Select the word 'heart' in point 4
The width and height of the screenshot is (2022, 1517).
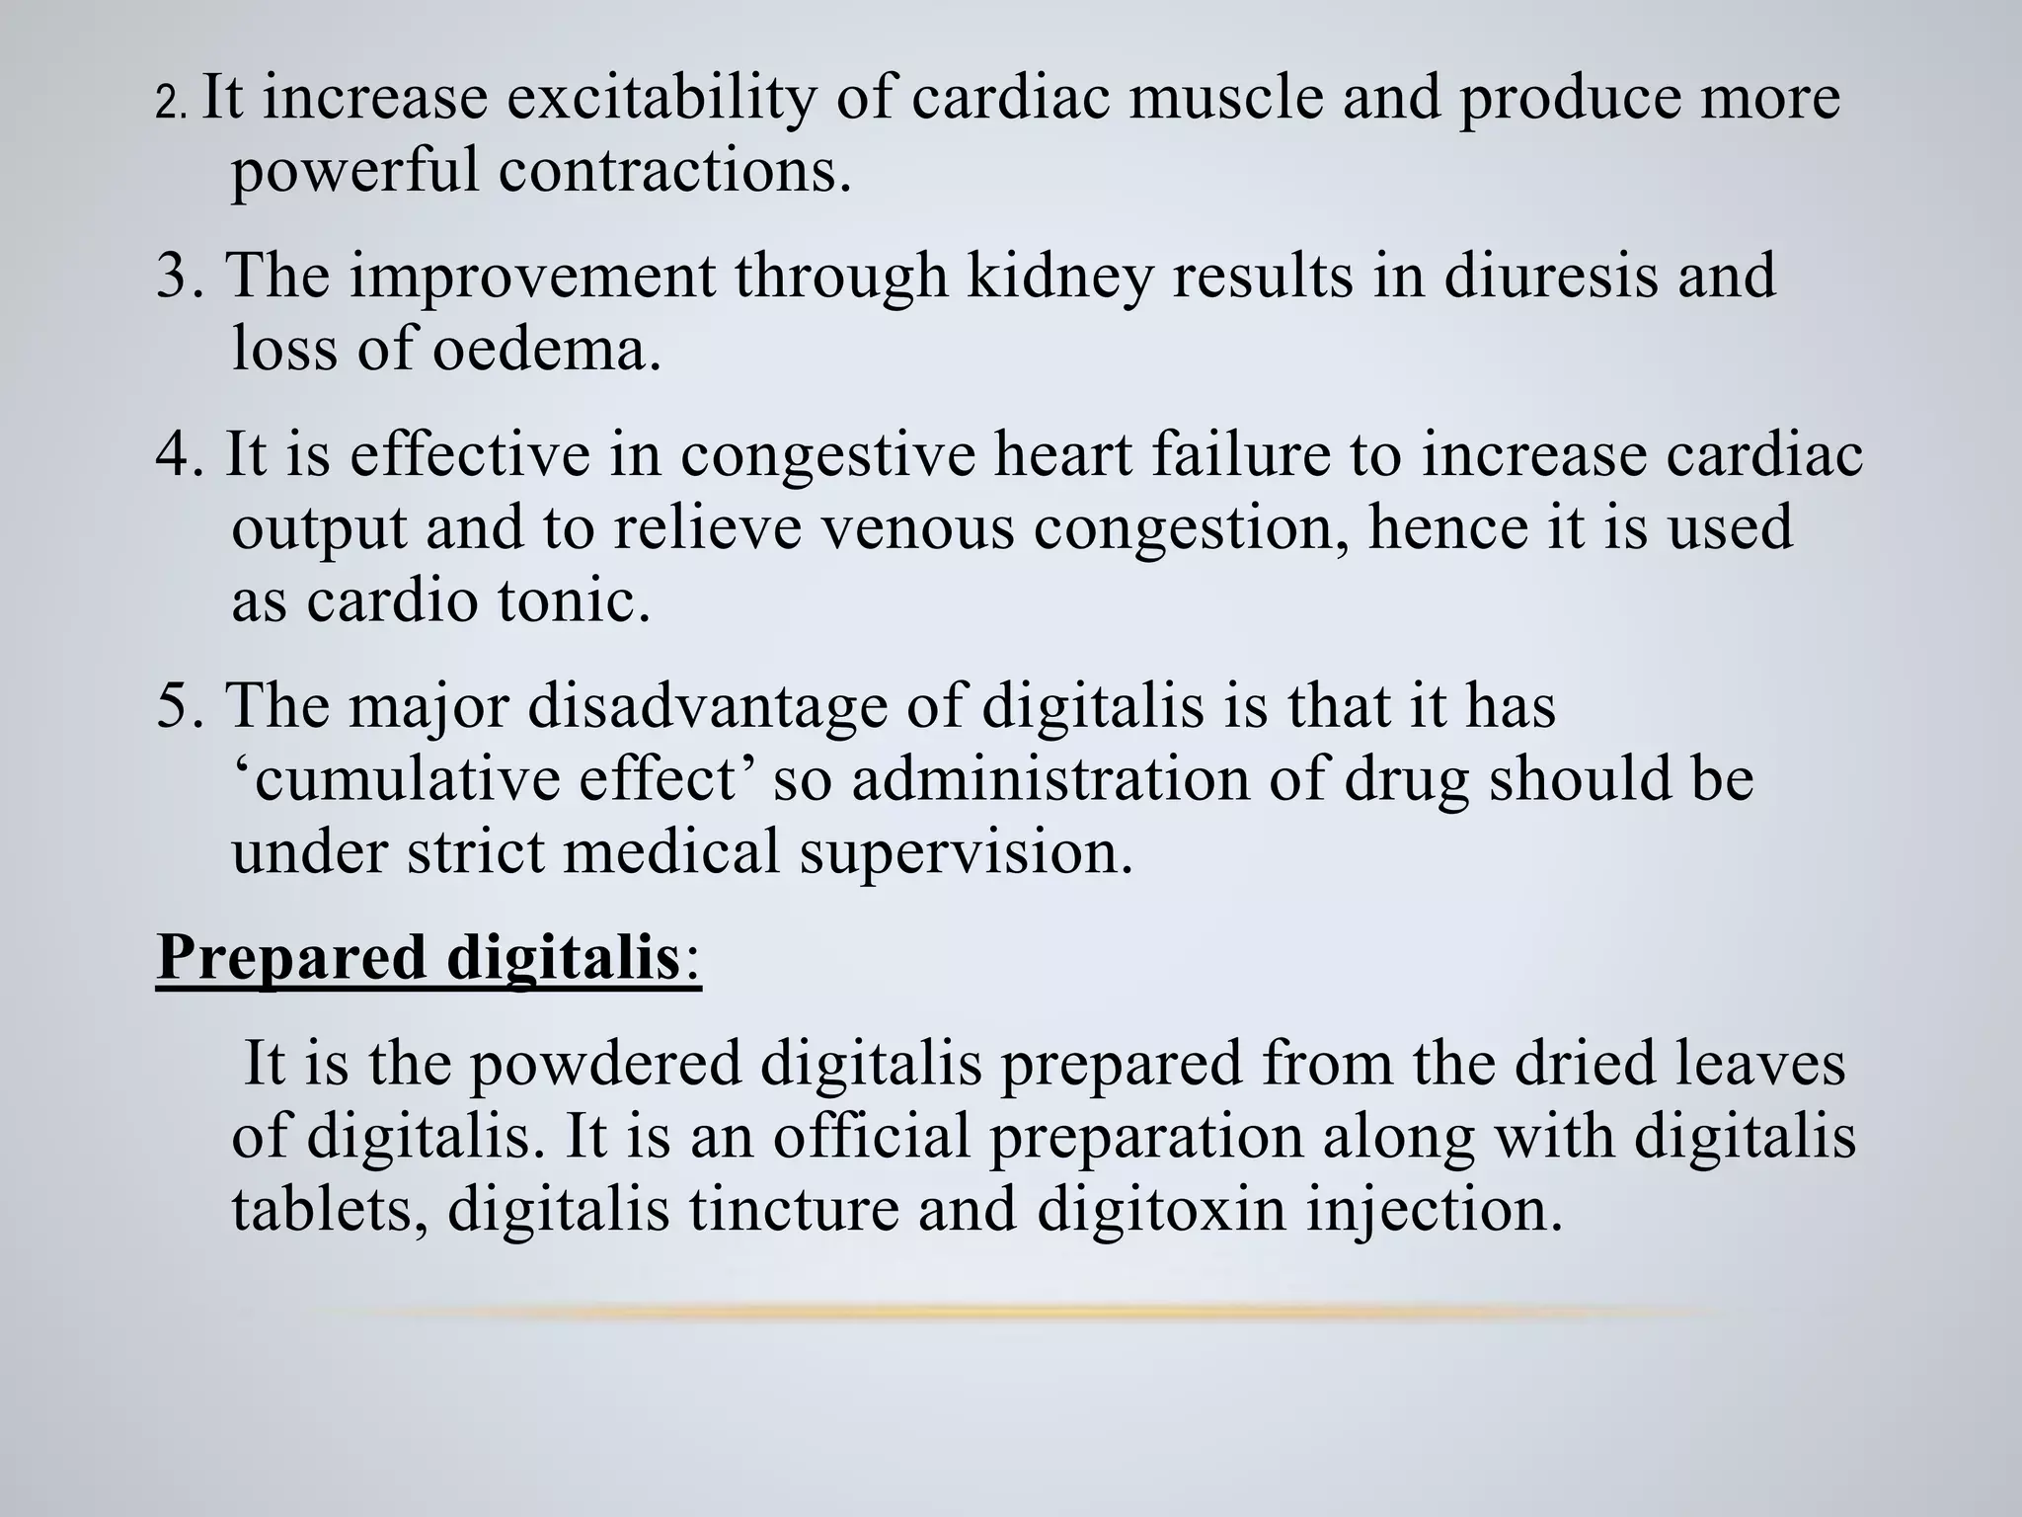point(1061,455)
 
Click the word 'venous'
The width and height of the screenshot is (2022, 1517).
point(918,528)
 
